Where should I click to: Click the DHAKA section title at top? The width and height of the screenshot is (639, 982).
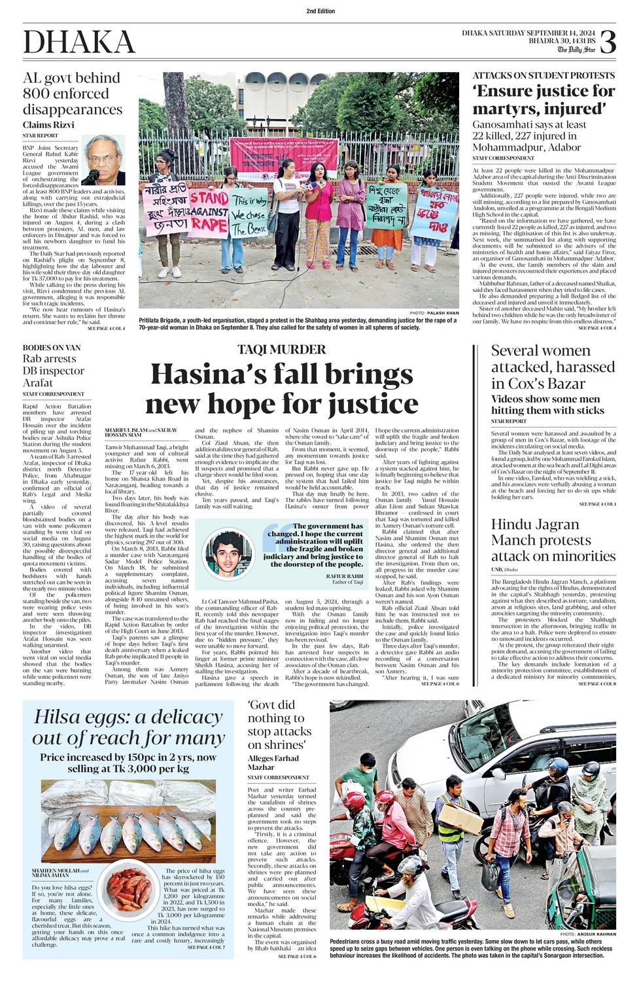[x=79, y=43]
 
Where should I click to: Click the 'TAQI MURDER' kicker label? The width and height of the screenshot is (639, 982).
[x=281, y=349]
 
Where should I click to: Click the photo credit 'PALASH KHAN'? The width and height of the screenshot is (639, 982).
[x=443, y=314]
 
